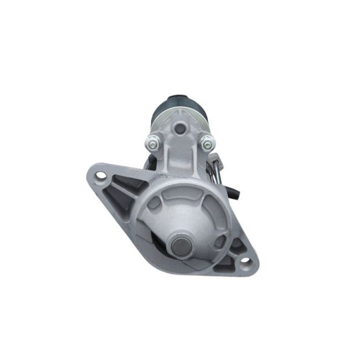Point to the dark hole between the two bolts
click(179, 129)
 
